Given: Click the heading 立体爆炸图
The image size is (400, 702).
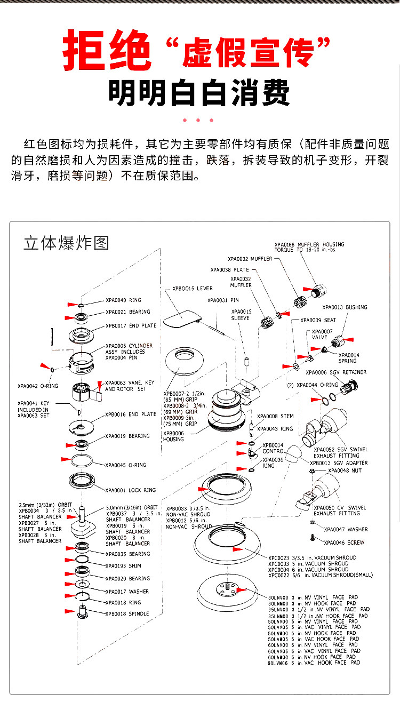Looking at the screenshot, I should (67, 243).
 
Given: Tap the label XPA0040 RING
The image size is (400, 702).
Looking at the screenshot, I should (123, 300).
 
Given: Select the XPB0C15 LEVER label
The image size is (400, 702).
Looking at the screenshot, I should (192, 289).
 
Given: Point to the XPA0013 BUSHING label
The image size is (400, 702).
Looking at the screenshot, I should (345, 307).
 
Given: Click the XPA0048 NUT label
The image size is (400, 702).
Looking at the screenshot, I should (345, 470).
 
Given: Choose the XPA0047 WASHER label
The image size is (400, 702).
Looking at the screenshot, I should (346, 530).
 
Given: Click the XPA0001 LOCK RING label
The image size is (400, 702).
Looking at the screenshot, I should (131, 490).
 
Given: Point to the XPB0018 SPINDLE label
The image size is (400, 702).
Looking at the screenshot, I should (127, 614).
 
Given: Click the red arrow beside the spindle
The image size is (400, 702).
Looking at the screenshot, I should (69, 611).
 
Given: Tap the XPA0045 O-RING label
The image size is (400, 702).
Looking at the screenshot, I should (125, 465).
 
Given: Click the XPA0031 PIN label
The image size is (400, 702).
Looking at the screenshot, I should (223, 300).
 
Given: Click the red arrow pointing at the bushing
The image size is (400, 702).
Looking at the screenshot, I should (349, 339).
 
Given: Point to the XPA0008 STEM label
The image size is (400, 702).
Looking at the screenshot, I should (275, 417).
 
